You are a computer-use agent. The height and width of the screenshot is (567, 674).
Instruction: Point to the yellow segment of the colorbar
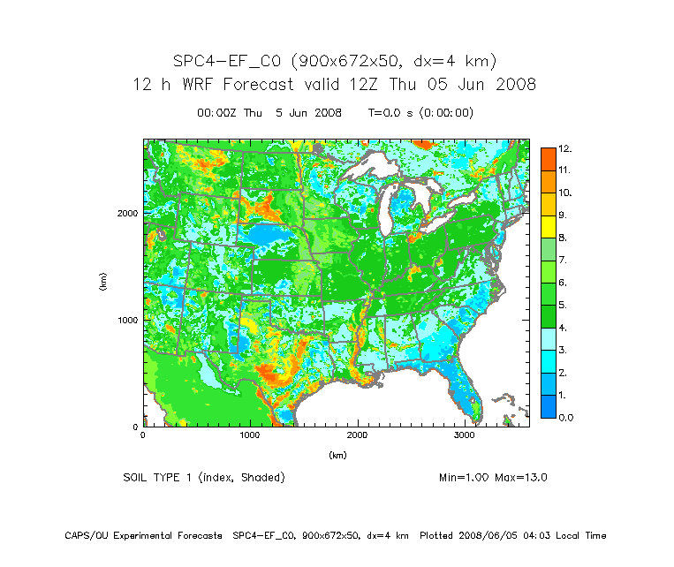coord(548,227)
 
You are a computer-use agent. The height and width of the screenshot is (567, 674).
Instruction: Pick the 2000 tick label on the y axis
coord(127,213)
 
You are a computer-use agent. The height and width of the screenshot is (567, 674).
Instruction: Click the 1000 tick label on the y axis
coord(127,320)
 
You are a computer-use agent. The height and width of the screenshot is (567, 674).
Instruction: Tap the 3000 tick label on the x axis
coord(466,435)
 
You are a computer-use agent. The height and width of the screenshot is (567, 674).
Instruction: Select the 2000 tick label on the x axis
coord(358,435)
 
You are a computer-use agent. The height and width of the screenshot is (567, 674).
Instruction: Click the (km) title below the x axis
coord(337,455)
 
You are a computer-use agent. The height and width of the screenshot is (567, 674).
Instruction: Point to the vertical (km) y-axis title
coord(103,283)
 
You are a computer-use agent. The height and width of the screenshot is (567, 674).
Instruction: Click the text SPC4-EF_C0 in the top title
coord(227,61)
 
